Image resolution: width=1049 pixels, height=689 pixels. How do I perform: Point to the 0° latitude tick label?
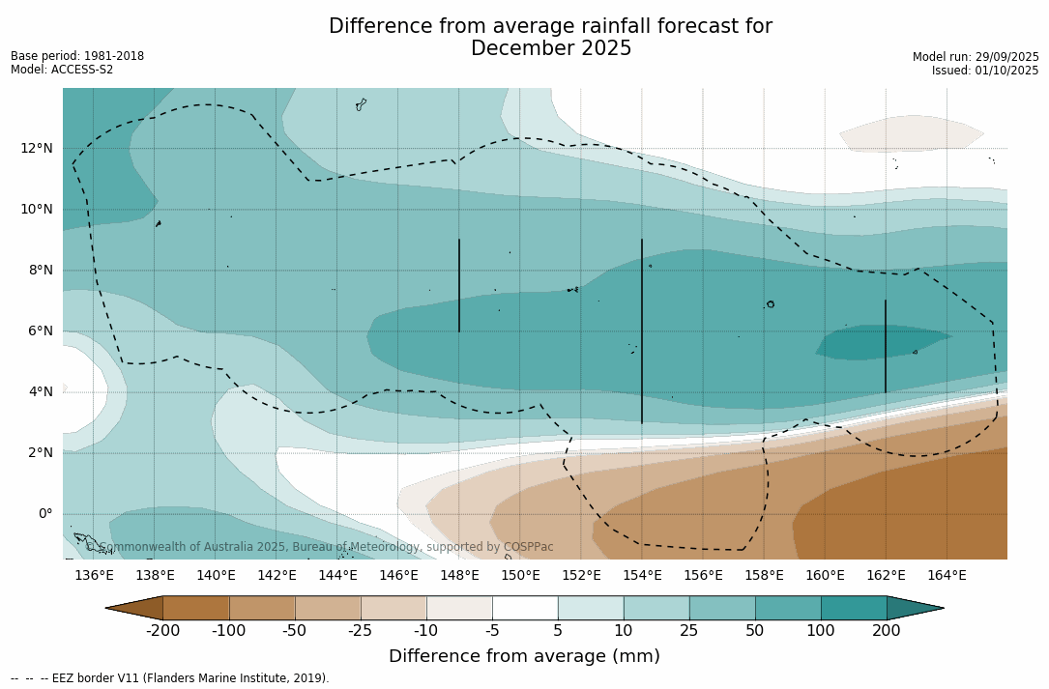44,513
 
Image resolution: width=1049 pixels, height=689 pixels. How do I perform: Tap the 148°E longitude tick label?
459,575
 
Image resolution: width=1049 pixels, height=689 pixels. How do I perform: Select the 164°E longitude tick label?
947,575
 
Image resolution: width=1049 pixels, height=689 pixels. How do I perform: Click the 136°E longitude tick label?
94,575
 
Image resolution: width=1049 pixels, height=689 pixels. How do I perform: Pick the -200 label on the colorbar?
162,631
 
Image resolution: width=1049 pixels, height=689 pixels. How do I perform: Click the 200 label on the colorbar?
887,631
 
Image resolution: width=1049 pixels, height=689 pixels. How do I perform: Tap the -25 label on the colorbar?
361,631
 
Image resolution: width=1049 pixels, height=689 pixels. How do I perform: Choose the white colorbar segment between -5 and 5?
525,608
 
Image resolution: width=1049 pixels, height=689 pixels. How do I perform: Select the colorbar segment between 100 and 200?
854,608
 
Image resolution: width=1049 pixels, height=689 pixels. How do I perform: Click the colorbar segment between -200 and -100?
195,608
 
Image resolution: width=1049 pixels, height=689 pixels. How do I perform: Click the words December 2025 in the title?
551,48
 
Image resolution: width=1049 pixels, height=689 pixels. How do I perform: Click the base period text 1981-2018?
114,56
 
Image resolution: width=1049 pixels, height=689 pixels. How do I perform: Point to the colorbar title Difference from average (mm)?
524,656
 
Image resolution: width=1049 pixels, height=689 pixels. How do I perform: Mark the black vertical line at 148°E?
459,285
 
